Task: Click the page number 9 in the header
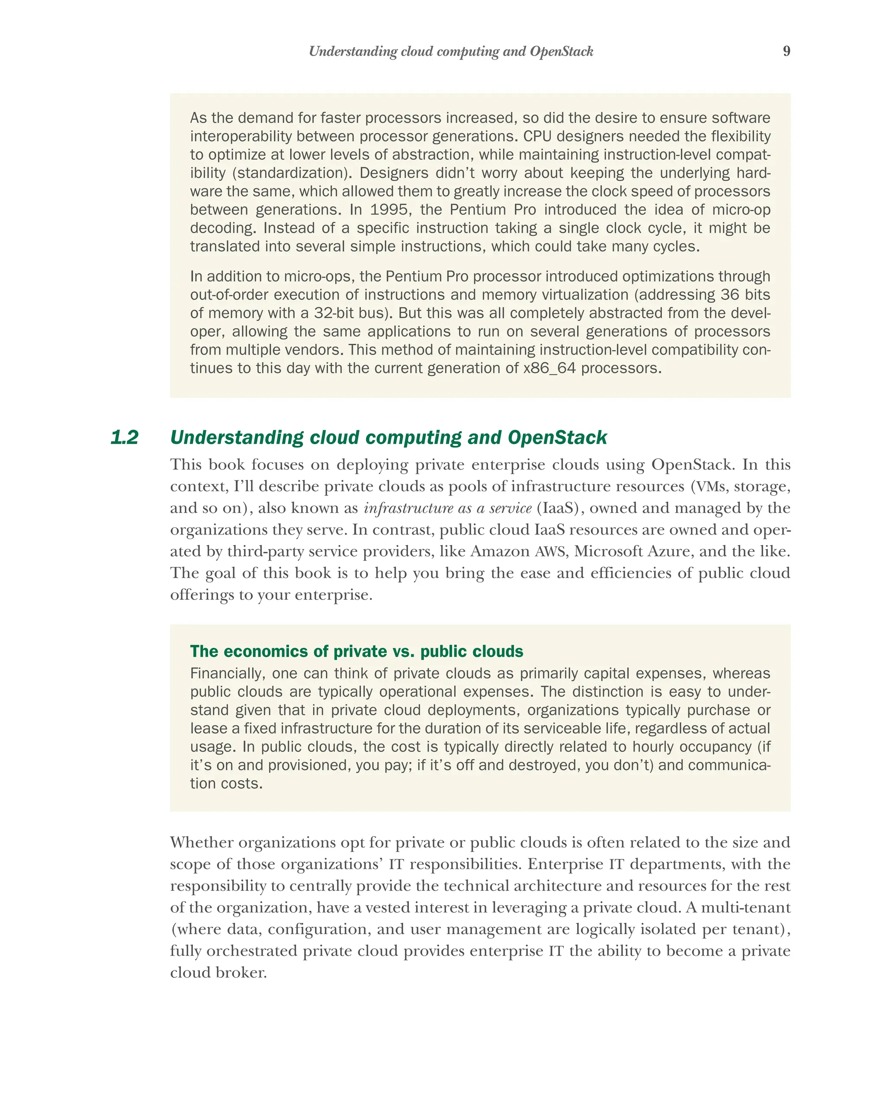tap(786, 51)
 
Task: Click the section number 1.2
tap(124, 438)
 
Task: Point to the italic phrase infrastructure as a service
tap(447, 509)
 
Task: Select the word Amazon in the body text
tap(499, 552)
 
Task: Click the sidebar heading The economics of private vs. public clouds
tap(356, 651)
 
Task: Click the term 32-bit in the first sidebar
tap(331, 313)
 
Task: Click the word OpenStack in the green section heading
tap(557, 438)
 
